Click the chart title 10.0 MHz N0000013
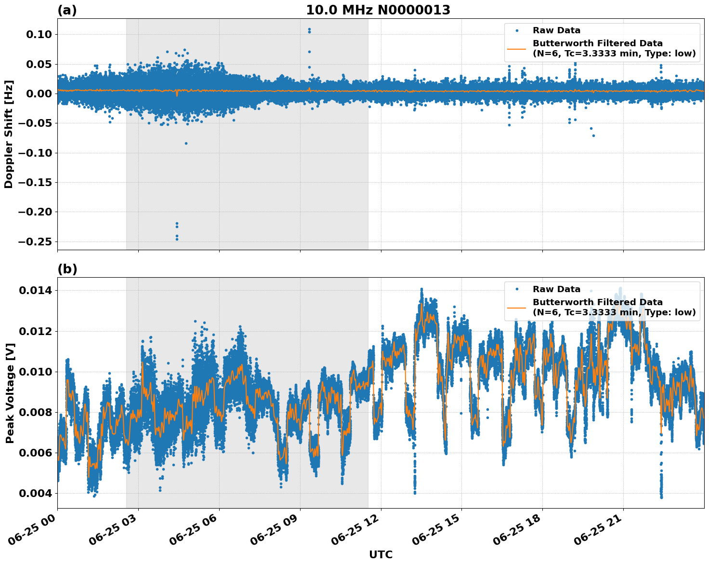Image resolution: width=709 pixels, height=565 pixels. click(378, 10)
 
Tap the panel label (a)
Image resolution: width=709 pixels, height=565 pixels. click(67, 10)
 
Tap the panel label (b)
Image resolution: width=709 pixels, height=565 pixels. click(67, 269)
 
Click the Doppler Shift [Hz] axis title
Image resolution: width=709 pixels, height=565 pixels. click(9, 134)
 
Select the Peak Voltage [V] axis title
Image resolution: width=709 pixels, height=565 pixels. click(10, 393)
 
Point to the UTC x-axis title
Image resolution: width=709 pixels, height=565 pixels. click(381, 554)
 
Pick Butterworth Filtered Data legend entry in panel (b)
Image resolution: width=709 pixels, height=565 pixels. click(597, 307)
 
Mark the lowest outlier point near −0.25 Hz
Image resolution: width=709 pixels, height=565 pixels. click(177, 239)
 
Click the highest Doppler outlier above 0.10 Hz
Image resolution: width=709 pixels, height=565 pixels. click(309, 29)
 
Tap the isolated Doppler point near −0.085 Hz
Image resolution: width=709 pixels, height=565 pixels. click(186, 143)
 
